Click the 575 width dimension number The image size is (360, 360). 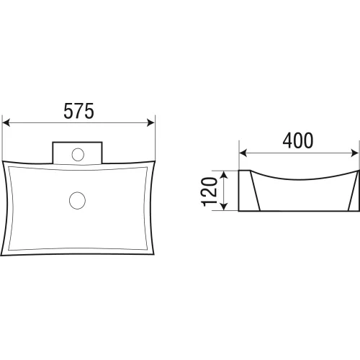pos(78,111)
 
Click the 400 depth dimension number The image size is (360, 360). pos(298,140)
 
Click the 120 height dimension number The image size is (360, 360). pos(209,192)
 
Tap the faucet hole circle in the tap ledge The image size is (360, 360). pos(78,155)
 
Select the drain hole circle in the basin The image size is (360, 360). pos(77,200)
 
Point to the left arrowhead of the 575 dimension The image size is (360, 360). pos(6,122)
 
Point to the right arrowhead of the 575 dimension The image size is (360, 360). pos(150,122)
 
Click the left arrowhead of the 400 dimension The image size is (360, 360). pos(243,153)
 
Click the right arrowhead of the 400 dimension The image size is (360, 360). pos(355,153)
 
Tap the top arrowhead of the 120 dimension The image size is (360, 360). pos(223,175)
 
